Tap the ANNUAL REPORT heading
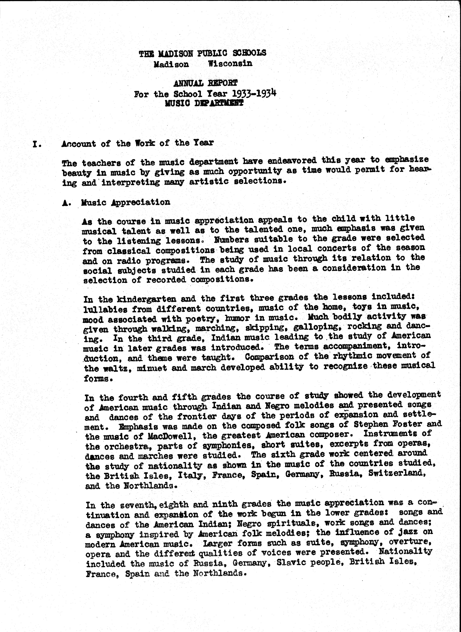(205, 83)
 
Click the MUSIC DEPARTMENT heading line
(204, 103)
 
